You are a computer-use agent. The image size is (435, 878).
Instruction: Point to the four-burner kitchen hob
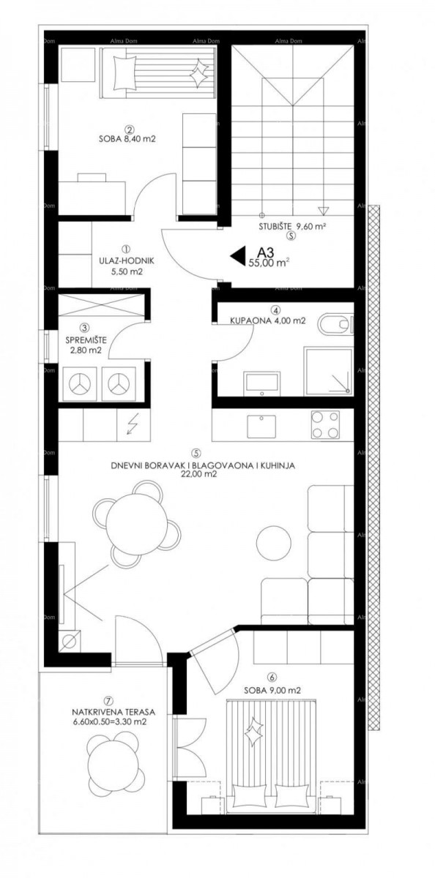[x=324, y=424]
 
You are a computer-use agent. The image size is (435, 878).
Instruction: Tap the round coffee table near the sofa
[x=274, y=543]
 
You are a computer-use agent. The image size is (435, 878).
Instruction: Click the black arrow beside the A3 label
[x=238, y=255]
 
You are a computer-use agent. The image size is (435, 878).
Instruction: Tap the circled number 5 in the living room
[x=196, y=452]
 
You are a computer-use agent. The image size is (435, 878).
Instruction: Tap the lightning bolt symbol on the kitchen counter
[x=133, y=424]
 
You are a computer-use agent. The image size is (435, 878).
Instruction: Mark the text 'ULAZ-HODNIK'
[x=126, y=260]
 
